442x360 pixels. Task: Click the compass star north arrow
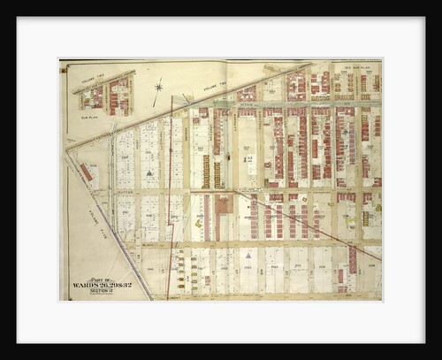pyautogui.click(x=158, y=87)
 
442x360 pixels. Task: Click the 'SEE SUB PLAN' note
pyautogui.click(x=358, y=66)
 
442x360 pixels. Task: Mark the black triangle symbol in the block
pyautogui.click(x=149, y=172)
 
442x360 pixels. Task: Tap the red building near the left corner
pyautogui.click(x=86, y=172)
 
